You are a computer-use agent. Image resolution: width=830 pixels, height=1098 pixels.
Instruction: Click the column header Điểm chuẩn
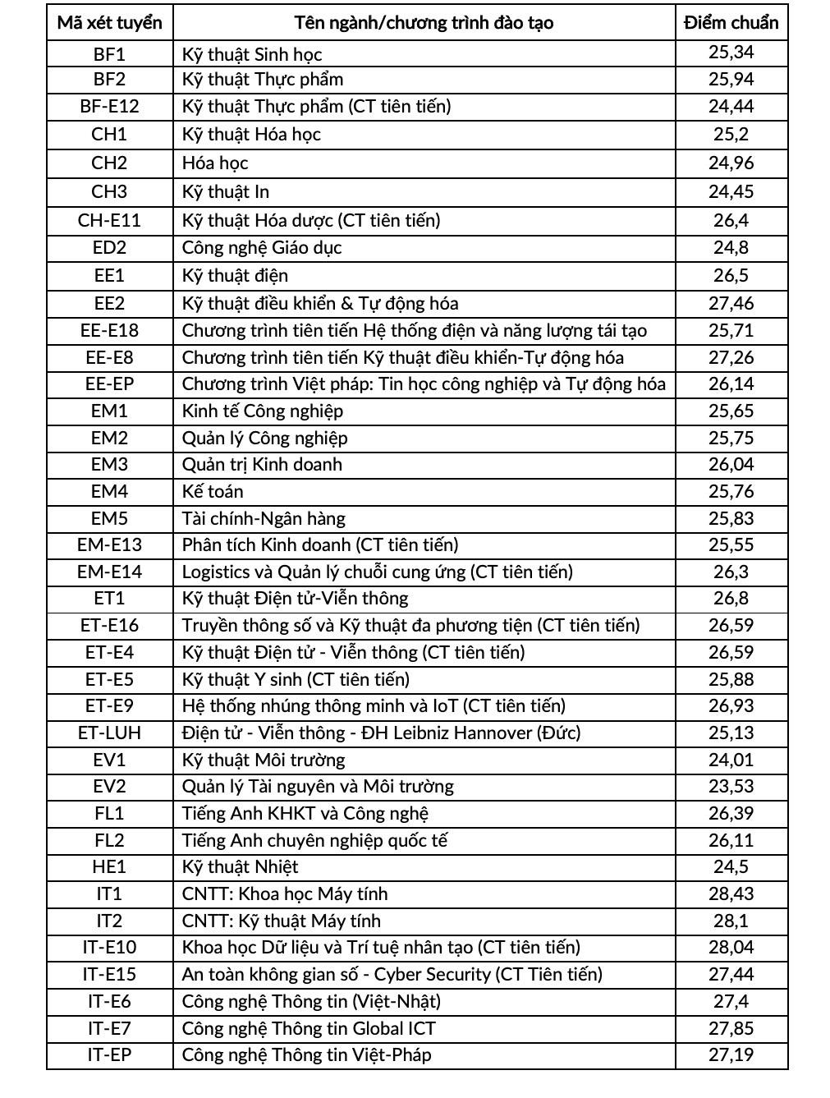point(731,23)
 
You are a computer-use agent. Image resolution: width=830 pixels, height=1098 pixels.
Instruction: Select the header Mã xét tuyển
point(109,23)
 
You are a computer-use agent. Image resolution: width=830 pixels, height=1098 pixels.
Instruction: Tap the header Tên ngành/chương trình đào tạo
point(424,23)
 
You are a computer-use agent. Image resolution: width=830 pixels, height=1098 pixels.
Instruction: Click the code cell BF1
point(109,54)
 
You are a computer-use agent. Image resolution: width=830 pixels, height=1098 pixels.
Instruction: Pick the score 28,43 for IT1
point(731,894)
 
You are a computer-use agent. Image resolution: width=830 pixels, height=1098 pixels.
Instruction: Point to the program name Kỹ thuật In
point(226,191)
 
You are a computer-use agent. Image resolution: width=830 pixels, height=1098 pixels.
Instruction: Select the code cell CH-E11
point(109,220)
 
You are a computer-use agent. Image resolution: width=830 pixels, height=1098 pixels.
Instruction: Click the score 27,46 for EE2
point(731,303)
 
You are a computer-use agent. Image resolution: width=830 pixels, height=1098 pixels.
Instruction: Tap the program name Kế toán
point(213,491)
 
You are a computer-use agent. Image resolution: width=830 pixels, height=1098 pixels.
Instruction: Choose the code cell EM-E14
point(109,572)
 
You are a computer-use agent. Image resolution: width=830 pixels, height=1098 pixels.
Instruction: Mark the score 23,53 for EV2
point(731,786)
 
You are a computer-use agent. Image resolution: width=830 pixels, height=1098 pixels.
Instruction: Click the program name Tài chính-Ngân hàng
point(264,518)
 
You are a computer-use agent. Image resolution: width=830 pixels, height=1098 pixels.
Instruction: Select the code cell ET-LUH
point(109,733)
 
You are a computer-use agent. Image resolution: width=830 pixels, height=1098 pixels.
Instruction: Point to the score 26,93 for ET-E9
point(731,705)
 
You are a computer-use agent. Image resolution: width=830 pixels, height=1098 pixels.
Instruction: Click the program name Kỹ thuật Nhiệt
point(240,866)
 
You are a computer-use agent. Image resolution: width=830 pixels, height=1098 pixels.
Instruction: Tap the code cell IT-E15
point(109,974)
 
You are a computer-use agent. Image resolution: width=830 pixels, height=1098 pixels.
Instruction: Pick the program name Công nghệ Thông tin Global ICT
point(309,1028)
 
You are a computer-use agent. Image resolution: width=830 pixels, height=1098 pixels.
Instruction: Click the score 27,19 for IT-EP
point(731,1054)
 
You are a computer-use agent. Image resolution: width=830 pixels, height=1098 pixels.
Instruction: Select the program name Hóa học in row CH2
point(215,163)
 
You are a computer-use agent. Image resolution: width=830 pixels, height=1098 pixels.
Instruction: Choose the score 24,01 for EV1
point(731,760)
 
